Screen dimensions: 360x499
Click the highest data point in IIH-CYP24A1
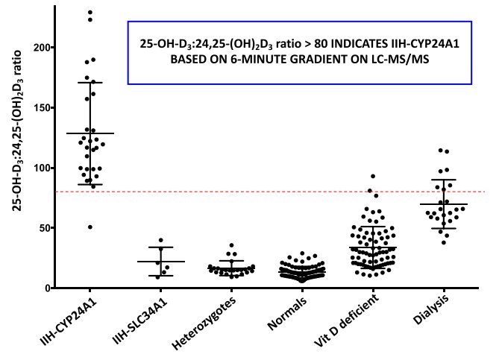point(90,13)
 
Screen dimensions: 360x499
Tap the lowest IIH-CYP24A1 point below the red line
point(90,227)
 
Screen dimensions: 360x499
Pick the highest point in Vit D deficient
point(372,177)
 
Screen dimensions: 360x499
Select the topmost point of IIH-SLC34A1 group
point(160,240)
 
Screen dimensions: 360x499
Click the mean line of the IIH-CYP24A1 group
point(90,133)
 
